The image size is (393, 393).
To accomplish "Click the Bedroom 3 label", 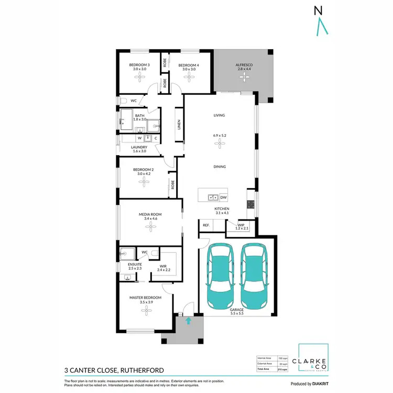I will pos(139,65).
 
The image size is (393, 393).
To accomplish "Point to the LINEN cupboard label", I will pos(179,125).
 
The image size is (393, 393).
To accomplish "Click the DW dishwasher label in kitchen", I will pos(223,198).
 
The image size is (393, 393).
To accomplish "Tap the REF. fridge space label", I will pos(206,225).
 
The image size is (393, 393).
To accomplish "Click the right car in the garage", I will pos(254,276).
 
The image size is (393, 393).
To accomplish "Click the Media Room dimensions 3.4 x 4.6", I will pos(150,219).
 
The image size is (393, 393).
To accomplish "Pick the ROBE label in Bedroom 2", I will pos(172,185).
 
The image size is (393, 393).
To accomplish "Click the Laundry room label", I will pos(139,147).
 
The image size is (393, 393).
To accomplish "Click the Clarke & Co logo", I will pos(313,361).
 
